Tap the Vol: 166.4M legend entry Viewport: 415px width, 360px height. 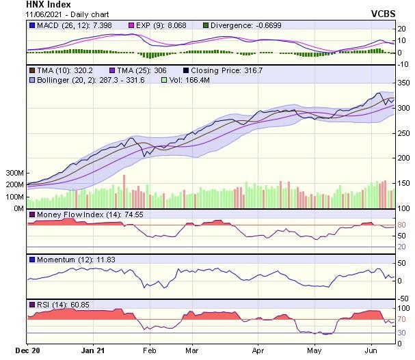tap(188, 80)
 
